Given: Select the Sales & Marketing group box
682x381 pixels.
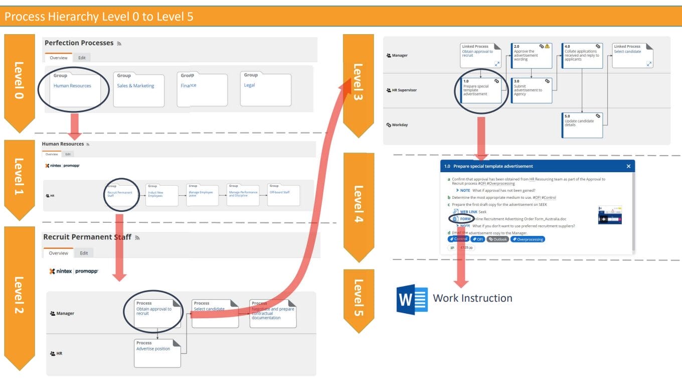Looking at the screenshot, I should (x=138, y=89).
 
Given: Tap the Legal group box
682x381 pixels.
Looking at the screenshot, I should (x=265, y=89).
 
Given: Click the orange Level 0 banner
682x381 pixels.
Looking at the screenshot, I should (x=19, y=80).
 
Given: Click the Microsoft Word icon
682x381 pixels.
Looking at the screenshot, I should (x=412, y=299).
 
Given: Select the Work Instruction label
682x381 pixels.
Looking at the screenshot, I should (x=472, y=298).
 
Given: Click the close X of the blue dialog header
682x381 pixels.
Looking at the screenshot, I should (x=628, y=166).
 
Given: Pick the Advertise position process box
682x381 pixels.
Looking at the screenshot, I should (x=157, y=353).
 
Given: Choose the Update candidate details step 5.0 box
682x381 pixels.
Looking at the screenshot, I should (x=582, y=125).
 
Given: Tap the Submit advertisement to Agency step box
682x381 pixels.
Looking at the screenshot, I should (x=531, y=90).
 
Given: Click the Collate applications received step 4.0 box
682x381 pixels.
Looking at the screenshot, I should (x=582, y=55).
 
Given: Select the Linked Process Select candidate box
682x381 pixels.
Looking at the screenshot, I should (x=633, y=55).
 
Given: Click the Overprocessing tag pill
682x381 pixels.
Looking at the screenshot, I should (x=528, y=239).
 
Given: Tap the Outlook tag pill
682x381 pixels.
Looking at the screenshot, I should (x=497, y=239).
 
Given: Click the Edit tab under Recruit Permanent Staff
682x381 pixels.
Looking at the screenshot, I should (x=84, y=253).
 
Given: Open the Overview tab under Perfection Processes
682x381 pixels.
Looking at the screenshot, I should (x=58, y=58).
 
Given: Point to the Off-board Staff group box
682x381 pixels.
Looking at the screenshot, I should (x=283, y=195).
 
